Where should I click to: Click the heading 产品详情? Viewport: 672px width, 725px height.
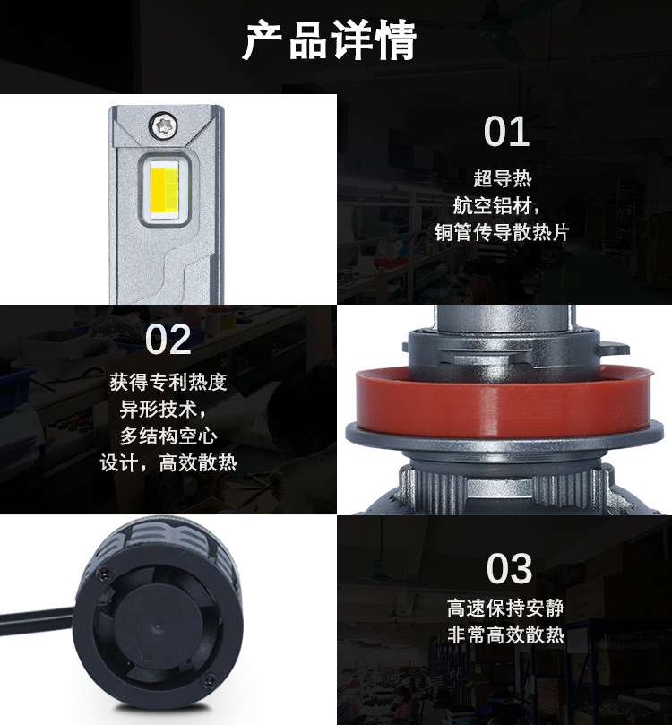pos(330,39)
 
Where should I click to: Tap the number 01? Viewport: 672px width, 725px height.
pos(506,132)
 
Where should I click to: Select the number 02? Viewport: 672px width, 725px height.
pos(168,340)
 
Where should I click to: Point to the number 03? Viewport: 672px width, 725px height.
pos(509,568)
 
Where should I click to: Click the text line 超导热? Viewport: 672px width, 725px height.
pos(503,178)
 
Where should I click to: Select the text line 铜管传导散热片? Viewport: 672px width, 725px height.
pos(502,232)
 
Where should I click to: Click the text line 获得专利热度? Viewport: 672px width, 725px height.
pos(168,382)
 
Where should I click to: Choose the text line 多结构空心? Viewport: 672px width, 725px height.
pos(168,436)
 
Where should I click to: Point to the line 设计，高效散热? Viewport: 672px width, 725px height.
pos(168,462)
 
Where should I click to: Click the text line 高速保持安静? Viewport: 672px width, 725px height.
pos(505,608)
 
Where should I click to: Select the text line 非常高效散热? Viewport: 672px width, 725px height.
pos(505,634)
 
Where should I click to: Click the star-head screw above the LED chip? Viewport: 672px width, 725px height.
pos(163,125)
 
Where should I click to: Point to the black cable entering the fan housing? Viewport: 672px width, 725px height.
pos(37,615)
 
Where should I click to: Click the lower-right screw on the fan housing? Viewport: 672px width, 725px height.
pos(211,680)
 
